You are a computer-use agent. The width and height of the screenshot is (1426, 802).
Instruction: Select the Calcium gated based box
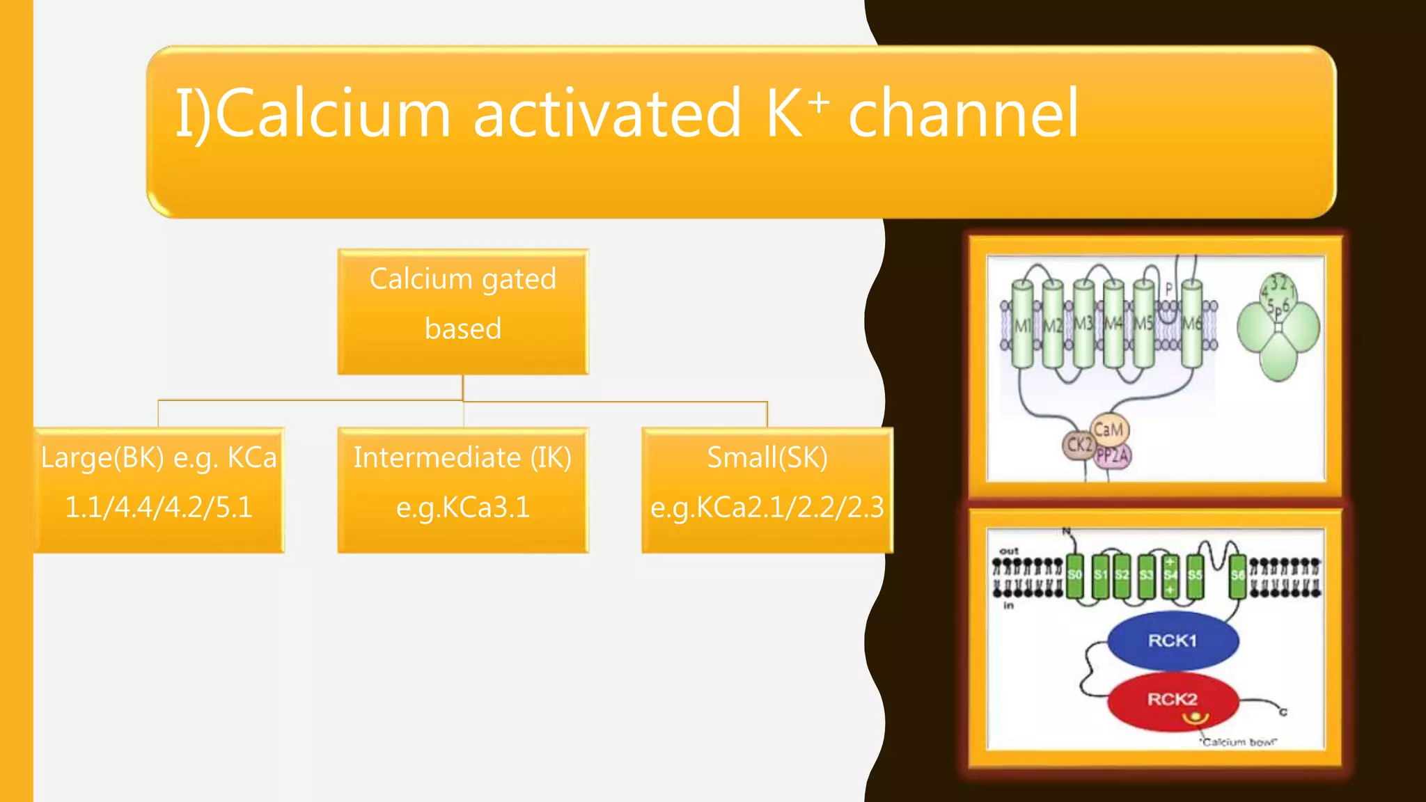463,311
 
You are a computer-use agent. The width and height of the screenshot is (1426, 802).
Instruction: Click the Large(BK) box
159,490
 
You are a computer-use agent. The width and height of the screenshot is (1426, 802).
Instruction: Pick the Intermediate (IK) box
463,490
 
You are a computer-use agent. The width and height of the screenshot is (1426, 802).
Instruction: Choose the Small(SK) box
767,490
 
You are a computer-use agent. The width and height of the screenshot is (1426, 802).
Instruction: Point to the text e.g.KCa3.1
463,508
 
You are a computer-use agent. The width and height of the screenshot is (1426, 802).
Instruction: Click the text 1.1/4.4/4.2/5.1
159,508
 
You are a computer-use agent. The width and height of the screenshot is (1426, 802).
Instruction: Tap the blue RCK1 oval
1173,640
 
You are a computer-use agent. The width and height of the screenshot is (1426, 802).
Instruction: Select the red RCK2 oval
1173,700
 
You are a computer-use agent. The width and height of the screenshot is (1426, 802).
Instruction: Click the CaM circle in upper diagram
1108,430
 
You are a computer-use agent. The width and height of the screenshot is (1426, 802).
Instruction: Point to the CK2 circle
1079,445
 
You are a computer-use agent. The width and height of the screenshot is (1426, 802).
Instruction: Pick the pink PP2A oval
1113,457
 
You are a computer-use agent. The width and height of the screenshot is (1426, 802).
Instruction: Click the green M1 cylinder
1022,324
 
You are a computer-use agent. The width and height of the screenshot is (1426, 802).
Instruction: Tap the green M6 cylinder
1191,324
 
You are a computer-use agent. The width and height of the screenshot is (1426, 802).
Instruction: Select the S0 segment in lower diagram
1074,575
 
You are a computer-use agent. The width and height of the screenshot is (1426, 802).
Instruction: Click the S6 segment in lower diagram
1237,575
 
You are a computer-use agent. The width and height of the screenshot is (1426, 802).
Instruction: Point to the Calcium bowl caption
1239,742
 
